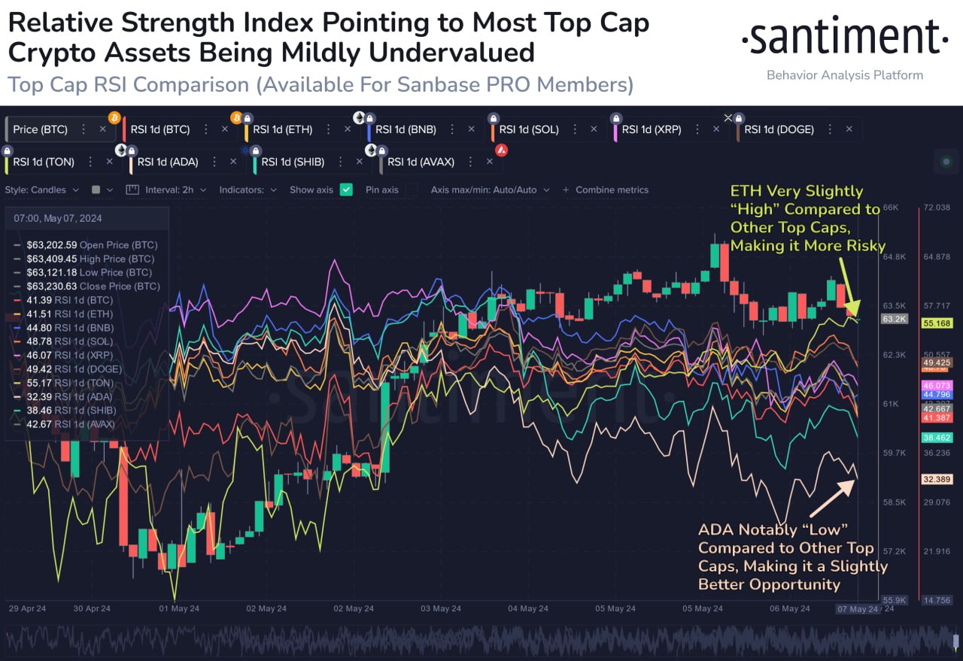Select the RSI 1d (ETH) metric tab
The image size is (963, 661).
282,129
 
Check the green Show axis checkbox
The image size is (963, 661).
346,190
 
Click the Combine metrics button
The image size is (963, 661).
611,190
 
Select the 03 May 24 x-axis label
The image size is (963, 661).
441,608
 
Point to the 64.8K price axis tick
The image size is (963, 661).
894,257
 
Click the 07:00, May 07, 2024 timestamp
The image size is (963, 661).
57,219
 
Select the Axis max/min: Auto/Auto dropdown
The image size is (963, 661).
490,190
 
